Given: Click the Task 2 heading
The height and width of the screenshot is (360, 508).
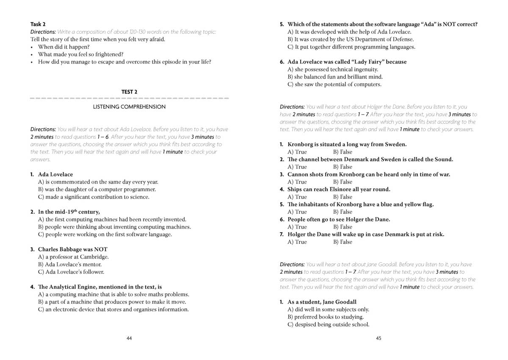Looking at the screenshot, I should (38, 24).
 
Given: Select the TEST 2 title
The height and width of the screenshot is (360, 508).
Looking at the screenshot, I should (129, 92).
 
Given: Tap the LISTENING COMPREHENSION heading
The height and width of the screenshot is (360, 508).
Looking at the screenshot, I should (129, 107).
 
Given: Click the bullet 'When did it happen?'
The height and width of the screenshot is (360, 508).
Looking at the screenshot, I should (63, 47).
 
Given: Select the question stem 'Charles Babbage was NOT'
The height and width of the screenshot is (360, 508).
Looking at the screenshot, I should (72, 249).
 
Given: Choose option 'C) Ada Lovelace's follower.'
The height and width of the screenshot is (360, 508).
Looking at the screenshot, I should (71, 272).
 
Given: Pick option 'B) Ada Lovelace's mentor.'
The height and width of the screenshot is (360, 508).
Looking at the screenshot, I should (70, 264).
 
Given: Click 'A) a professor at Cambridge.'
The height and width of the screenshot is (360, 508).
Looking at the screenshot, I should (73, 257).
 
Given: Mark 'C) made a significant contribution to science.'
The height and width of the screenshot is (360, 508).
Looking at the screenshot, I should (94, 197).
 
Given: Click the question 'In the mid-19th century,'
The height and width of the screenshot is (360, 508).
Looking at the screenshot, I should (69, 212).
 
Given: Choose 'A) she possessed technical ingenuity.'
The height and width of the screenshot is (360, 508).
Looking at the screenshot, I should (333, 69).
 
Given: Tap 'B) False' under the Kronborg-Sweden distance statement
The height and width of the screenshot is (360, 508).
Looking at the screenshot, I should (342, 152).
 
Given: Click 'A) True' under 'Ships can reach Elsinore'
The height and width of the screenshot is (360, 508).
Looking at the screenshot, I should (297, 197).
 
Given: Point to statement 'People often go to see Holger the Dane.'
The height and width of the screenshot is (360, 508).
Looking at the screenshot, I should (339, 219).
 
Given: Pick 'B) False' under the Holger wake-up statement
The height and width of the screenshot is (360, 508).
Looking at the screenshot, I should (342, 242).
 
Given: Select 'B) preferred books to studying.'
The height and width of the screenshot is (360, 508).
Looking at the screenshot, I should (326, 317).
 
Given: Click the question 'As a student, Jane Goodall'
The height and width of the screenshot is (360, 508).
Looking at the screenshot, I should (322, 302).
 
